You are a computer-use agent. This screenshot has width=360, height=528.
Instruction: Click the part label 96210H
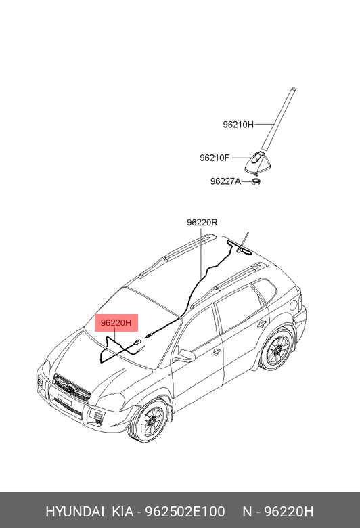point(238,125)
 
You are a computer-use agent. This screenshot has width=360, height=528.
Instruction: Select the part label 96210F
point(215,158)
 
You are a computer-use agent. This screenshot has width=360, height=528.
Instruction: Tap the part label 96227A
point(225,181)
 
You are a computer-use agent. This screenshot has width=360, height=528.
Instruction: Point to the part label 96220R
point(202,222)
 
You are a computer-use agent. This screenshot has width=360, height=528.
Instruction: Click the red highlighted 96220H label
point(116,323)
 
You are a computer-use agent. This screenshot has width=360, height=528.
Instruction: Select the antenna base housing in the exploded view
point(258,162)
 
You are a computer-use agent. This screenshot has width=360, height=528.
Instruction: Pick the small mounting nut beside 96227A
point(256,182)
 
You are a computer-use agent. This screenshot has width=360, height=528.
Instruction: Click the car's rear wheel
point(277,350)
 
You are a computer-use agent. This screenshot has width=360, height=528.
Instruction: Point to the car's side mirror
point(184,355)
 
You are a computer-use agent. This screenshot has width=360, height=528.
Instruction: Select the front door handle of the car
point(216,352)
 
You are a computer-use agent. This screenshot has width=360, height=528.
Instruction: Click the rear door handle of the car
point(261,324)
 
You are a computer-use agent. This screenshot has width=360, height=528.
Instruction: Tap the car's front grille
point(72,389)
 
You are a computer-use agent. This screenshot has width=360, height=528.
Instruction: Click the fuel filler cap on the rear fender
point(293,305)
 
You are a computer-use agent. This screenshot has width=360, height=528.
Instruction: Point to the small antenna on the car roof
point(244,242)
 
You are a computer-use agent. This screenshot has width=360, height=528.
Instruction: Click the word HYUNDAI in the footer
point(74,512)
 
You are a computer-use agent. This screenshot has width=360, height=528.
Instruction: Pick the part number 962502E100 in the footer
point(185,512)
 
